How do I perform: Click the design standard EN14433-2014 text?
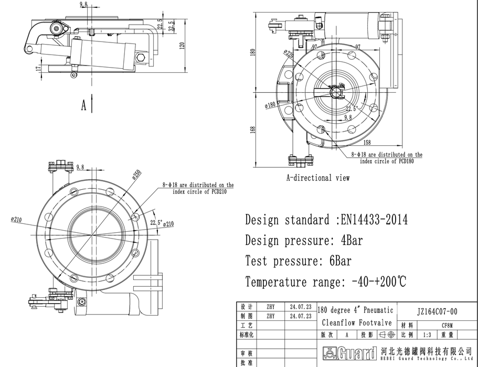326,220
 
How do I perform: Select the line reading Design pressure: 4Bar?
304,241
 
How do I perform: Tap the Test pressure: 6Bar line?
298,261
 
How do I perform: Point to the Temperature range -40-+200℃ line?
325,282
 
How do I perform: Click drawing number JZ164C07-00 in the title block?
437,311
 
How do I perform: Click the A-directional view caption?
317,178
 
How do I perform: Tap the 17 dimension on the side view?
38,68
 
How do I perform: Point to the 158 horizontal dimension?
367,142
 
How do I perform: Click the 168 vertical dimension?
252,129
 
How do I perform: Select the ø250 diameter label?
136,175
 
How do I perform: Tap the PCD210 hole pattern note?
198,188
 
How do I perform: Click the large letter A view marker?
83,105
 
